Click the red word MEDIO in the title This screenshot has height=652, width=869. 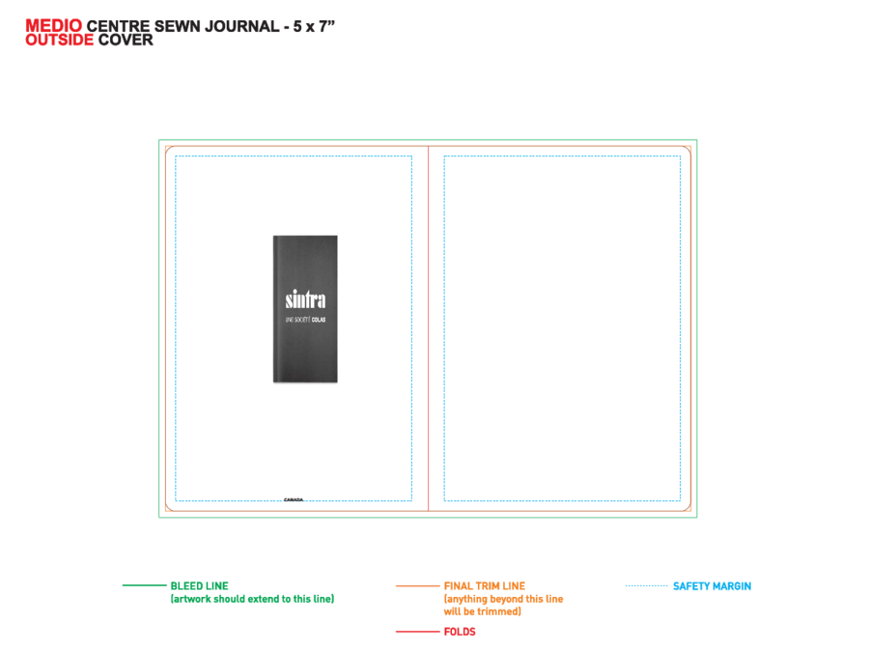(54, 25)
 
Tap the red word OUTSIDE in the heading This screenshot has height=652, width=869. (59, 40)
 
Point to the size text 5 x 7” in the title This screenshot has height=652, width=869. (314, 26)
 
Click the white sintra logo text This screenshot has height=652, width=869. (305, 299)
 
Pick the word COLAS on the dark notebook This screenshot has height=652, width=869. (319, 320)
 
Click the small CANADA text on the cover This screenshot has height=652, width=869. (294, 499)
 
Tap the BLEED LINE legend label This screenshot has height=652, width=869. (200, 586)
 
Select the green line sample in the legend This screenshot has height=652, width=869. (144, 585)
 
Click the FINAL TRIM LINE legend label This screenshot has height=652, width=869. (485, 586)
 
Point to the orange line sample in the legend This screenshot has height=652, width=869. (417, 585)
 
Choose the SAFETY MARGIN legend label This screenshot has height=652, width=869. (713, 586)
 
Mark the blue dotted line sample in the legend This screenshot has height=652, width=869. (647, 585)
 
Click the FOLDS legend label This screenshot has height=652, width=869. (460, 632)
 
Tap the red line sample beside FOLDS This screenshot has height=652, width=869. (417, 632)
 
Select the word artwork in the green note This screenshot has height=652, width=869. (192, 599)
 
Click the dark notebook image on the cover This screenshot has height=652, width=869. (305, 309)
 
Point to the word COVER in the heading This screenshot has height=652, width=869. (126, 40)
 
